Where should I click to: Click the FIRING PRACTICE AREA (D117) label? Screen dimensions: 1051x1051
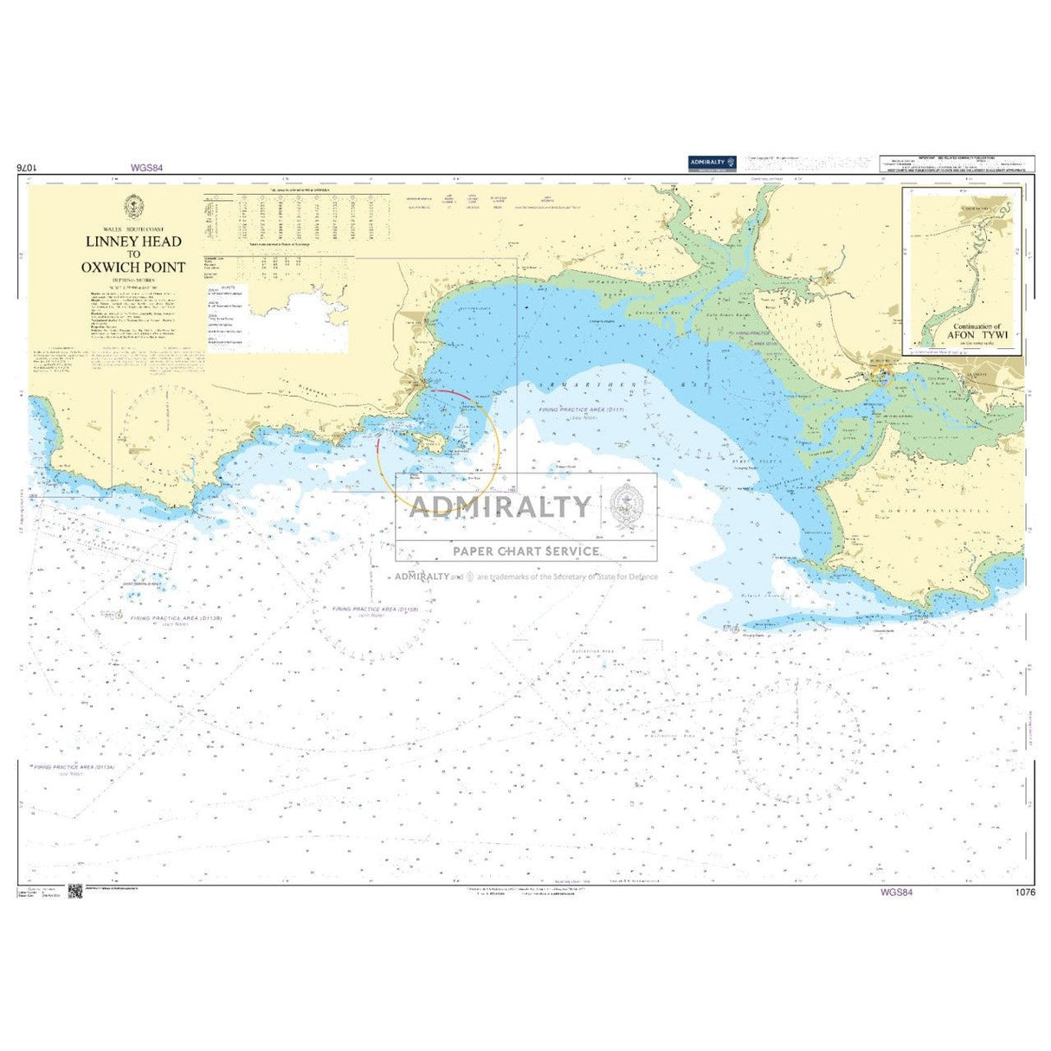pyautogui.click(x=583, y=409)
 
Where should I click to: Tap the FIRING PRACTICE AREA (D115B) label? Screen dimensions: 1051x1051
pyautogui.click(x=376, y=609)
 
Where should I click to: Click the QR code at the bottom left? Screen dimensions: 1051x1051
pyautogui.click(x=74, y=893)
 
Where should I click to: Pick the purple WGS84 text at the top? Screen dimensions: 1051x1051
pyautogui.click(x=146, y=168)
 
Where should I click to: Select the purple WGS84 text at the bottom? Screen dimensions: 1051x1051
pyautogui.click(x=895, y=893)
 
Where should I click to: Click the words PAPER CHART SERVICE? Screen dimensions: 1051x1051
pyautogui.click(x=525, y=551)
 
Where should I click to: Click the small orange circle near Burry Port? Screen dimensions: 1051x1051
pyautogui.click(x=885, y=374)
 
